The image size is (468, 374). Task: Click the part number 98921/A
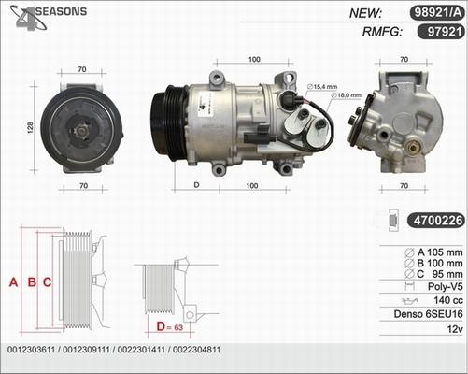coord(434,13)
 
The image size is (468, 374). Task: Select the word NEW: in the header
coord(368,13)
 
